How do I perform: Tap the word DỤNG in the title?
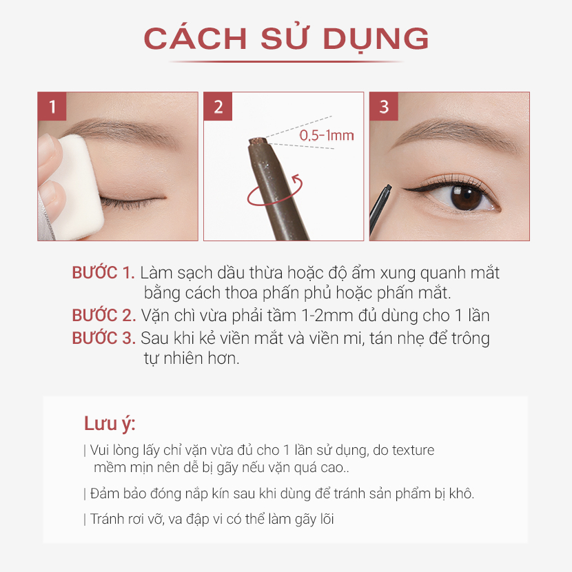tap(376, 39)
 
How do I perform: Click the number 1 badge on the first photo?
tap(52, 106)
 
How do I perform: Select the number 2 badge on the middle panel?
tap(218, 106)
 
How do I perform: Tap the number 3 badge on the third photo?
tap(384, 106)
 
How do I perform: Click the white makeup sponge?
tap(76, 186)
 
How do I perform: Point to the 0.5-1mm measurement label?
tap(327, 136)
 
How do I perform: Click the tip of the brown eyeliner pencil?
tap(258, 141)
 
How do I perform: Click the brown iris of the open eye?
tap(466, 197)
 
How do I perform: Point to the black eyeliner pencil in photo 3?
tap(379, 210)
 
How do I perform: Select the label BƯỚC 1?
tap(103, 273)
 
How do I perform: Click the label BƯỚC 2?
tap(103, 316)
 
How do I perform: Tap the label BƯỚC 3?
tap(103, 338)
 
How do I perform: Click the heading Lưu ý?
tap(110, 425)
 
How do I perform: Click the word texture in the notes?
tap(413, 450)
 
